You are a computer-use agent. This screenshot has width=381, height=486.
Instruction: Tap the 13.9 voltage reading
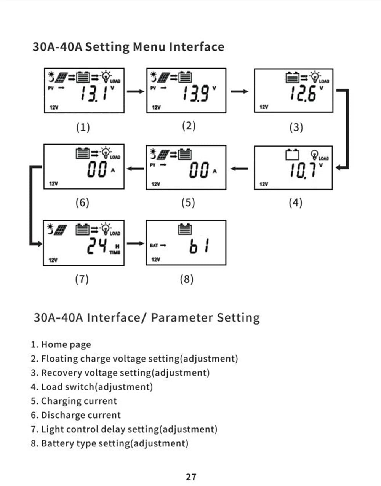195,93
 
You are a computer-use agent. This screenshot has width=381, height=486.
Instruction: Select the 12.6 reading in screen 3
303,93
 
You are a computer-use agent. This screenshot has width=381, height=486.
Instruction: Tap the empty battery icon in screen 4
292,155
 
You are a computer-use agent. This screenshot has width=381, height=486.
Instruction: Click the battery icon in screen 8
185,229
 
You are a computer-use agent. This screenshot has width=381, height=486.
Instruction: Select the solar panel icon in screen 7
60,230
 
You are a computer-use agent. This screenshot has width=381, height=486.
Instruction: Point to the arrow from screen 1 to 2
135,91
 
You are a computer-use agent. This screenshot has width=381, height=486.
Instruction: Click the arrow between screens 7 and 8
135,244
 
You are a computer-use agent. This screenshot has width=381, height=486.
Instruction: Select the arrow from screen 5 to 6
135,169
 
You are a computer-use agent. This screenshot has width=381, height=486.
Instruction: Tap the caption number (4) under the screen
295,202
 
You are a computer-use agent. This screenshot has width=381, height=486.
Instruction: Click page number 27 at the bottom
191,476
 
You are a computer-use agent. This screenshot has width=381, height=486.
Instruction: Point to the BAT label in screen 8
154,245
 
